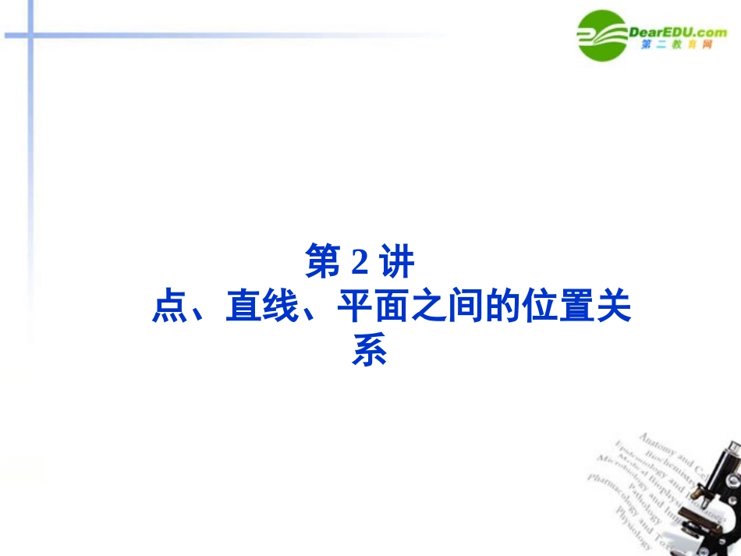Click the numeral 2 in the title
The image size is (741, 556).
(x=359, y=263)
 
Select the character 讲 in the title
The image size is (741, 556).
(x=396, y=262)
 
